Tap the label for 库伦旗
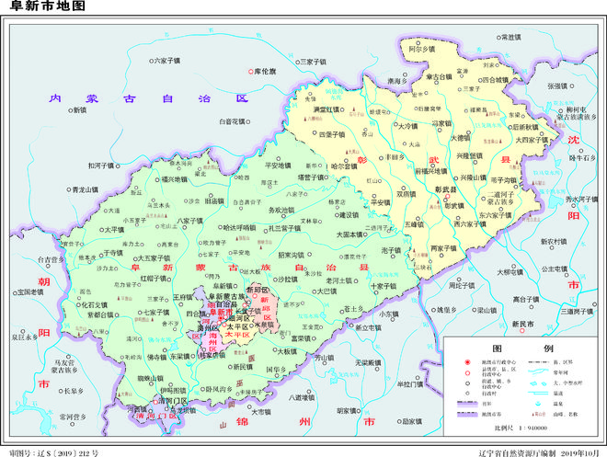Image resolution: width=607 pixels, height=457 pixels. tap(263, 71)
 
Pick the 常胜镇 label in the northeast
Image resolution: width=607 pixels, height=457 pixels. tap(510, 37)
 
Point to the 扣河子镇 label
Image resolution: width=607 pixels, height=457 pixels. tap(100, 166)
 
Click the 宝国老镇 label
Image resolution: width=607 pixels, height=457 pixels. tap(30, 292)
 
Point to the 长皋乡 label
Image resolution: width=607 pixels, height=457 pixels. tap(77, 390)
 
